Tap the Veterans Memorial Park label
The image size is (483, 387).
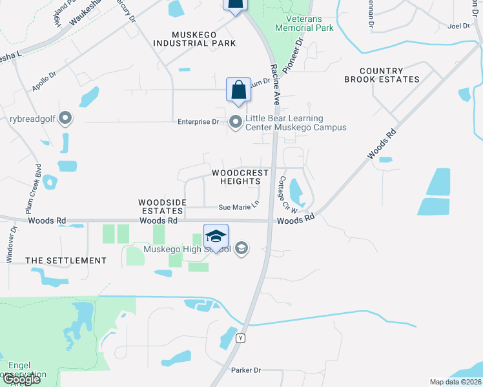tap(304, 23)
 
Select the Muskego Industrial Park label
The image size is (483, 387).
tap(194, 38)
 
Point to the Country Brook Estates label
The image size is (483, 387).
tap(382, 75)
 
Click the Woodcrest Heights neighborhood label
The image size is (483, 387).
tap(236, 177)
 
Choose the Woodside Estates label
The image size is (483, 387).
tap(162, 206)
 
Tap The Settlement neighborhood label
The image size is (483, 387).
tap(66, 261)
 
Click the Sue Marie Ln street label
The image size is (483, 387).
tap(238, 207)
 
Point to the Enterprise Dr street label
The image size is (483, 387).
tap(198, 122)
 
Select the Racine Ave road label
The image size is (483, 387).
tap(275, 84)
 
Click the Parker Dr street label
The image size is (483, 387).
tap(245, 370)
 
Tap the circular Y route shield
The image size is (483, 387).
tap(241, 338)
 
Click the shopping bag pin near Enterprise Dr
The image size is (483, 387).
tap(238, 90)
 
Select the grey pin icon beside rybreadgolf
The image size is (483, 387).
tap(65, 118)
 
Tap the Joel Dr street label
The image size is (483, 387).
tap(457, 26)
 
